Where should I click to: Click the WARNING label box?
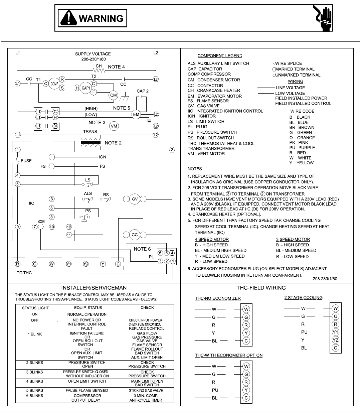pos(93,18)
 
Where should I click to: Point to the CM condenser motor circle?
pos(114,96)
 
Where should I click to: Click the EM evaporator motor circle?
pos(136,115)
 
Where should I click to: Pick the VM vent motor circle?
pos(114,126)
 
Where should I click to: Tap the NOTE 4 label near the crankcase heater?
pos(117,67)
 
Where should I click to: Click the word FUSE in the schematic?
pos(26,161)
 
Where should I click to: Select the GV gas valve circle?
pos(135,199)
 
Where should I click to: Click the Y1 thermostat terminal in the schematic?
pos(69,264)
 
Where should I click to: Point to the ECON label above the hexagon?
pos(41,222)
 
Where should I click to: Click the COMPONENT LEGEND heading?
pos(220,56)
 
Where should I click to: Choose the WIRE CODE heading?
pos(302,111)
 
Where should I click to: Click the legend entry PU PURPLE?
pos(302,147)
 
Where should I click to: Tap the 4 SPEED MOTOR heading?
pos(212,239)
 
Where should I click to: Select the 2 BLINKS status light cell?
pos(35,363)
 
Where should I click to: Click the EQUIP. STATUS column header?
pos(87,308)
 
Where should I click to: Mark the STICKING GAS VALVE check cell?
pos(147,390)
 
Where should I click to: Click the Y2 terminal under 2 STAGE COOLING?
pos(336,340)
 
